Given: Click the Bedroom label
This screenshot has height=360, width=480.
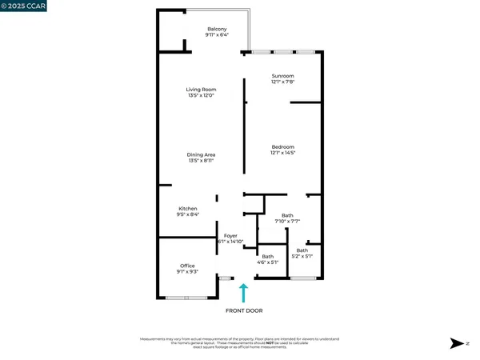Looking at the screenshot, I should (x=283, y=147).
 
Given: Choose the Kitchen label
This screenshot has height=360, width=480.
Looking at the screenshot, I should (x=187, y=209).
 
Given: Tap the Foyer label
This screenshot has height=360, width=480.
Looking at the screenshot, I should (x=230, y=235).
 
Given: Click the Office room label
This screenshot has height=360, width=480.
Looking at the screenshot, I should (x=187, y=266).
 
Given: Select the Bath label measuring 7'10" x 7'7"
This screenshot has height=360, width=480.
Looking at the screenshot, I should (x=287, y=214).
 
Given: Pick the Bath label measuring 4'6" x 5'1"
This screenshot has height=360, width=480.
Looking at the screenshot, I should (x=267, y=256).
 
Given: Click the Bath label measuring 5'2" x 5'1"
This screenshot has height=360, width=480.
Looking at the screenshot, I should (x=302, y=250).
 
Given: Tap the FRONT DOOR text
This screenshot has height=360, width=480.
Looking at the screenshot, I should (x=244, y=310).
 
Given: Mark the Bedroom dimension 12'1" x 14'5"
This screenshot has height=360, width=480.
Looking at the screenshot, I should (x=283, y=154).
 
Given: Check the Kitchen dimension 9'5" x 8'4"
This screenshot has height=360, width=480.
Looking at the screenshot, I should (x=187, y=215).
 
